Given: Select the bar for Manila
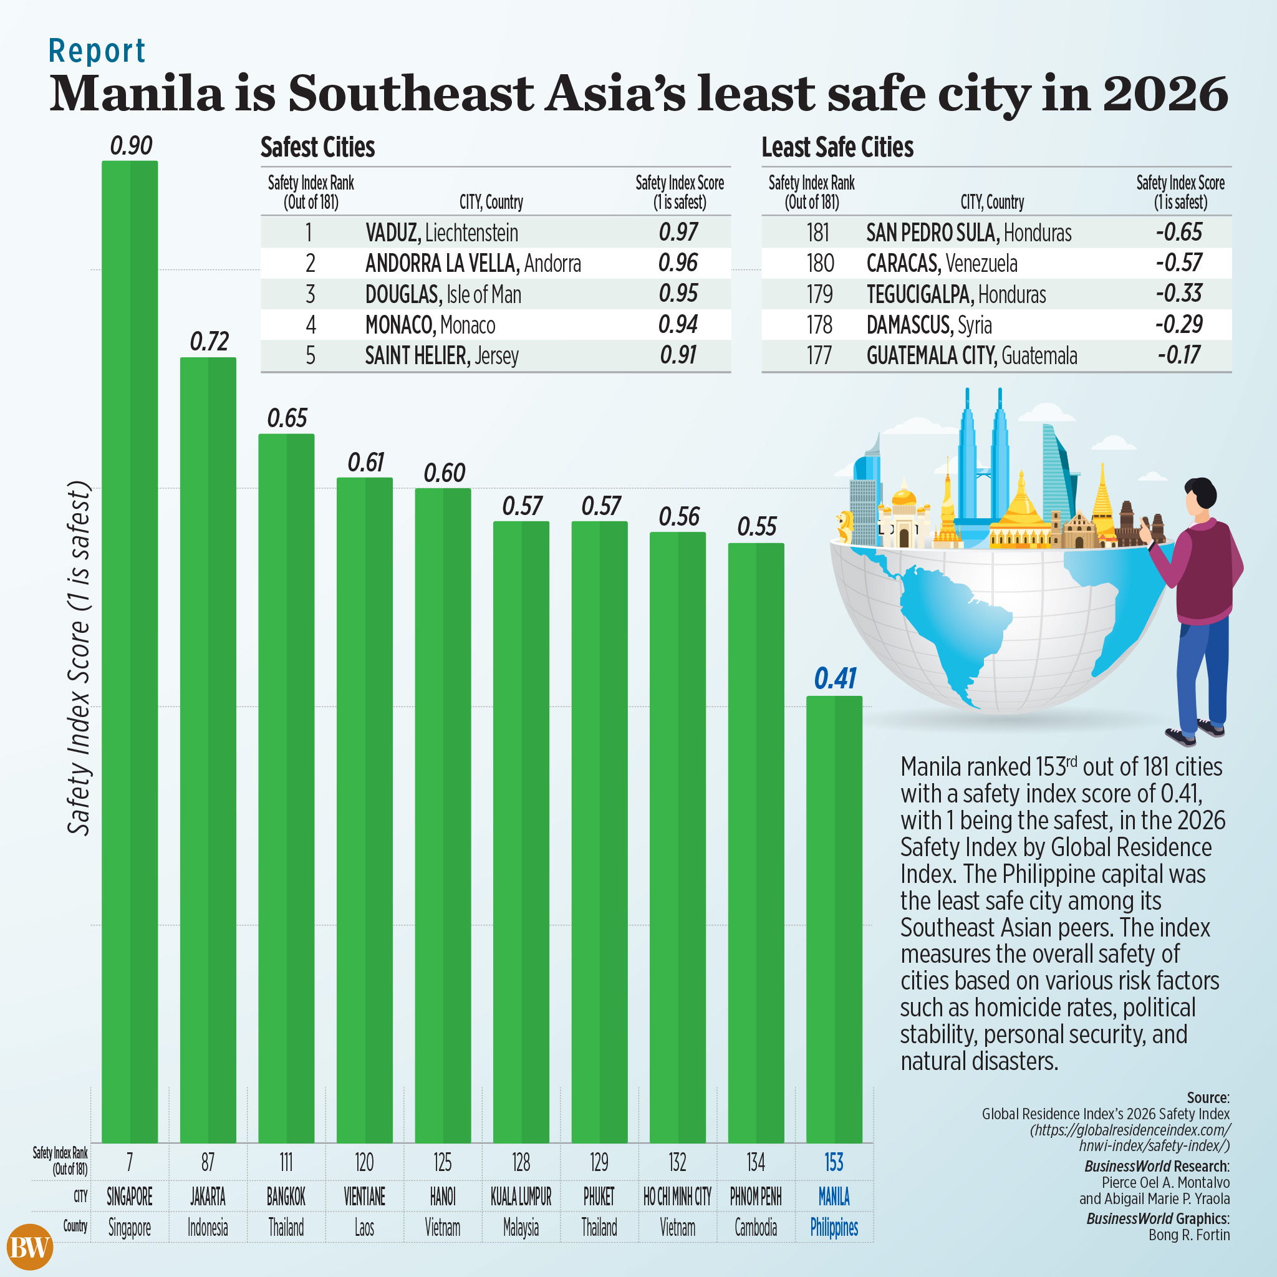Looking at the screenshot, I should [x=834, y=918].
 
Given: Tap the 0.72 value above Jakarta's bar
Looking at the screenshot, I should [x=209, y=342].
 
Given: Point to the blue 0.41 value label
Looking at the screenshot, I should [x=835, y=679].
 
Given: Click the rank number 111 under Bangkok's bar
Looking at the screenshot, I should [x=286, y=1162].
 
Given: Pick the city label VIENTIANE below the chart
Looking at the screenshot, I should [x=364, y=1197].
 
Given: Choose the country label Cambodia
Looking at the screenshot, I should [x=756, y=1227].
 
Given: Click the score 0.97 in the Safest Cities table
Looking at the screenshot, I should [x=679, y=232].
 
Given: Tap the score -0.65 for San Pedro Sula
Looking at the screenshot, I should [x=1179, y=232].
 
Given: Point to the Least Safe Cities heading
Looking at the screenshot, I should [x=837, y=147].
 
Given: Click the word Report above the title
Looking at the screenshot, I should [x=97, y=52].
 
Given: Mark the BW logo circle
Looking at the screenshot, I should [x=30, y=1247].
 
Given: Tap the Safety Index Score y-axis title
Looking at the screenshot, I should [x=79, y=658].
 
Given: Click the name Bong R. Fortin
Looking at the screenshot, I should [x=1189, y=1235].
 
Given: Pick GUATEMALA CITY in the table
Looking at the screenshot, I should [x=931, y=355].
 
